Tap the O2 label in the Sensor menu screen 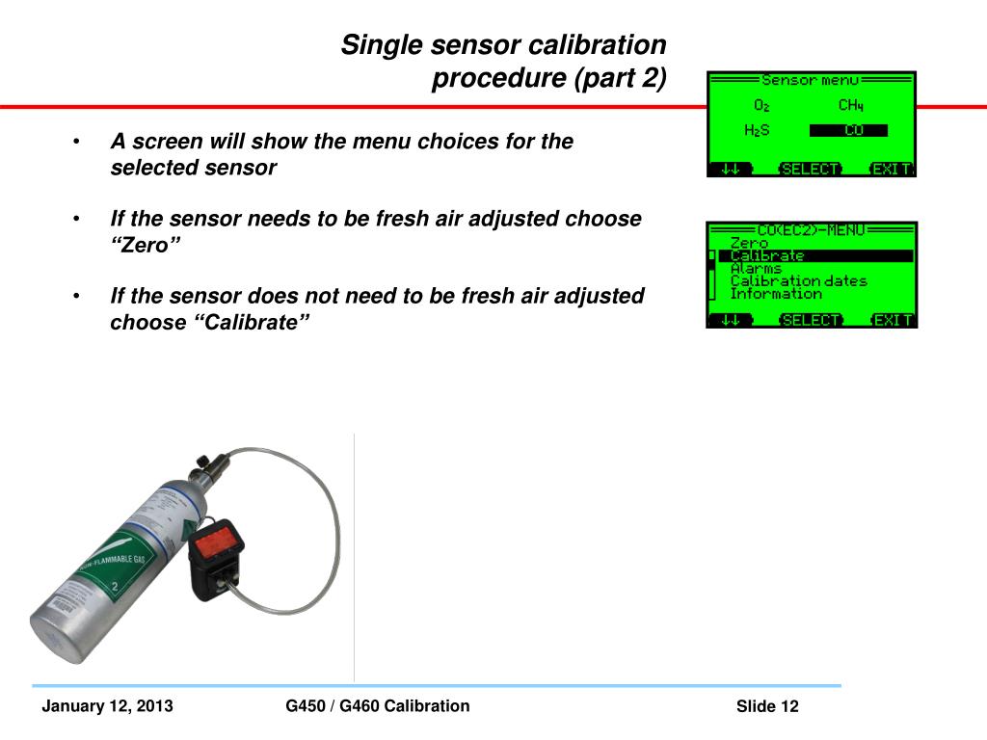(x=761, y=105)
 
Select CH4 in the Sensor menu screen (x=850, y=105)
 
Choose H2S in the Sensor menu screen (x=757, y=131)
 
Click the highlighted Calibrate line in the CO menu (x=767, y=256)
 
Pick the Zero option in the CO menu (x=749, y=244)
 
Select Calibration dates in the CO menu (x=798, y=281)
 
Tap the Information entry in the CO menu (x=776, y=294)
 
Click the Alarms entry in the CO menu (x=756, y=269)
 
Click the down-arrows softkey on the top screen (x=731, y=169)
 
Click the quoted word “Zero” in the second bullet (x=146, y=245)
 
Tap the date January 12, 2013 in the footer (x=107, y=706)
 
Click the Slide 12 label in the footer (x=767, y=707)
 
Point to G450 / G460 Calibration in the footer (x=378, y=705)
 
